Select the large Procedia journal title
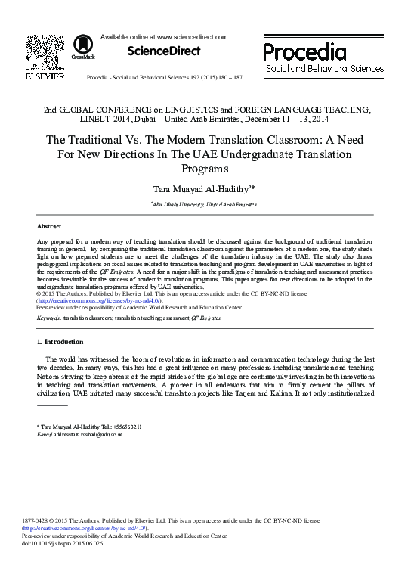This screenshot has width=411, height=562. pos(305,51)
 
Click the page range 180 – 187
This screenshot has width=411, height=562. pos(227,78)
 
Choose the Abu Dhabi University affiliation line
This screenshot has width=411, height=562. pos(204,204)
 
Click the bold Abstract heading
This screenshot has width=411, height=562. pos(48,226)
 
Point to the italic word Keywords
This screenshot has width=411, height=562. pos(49,318)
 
